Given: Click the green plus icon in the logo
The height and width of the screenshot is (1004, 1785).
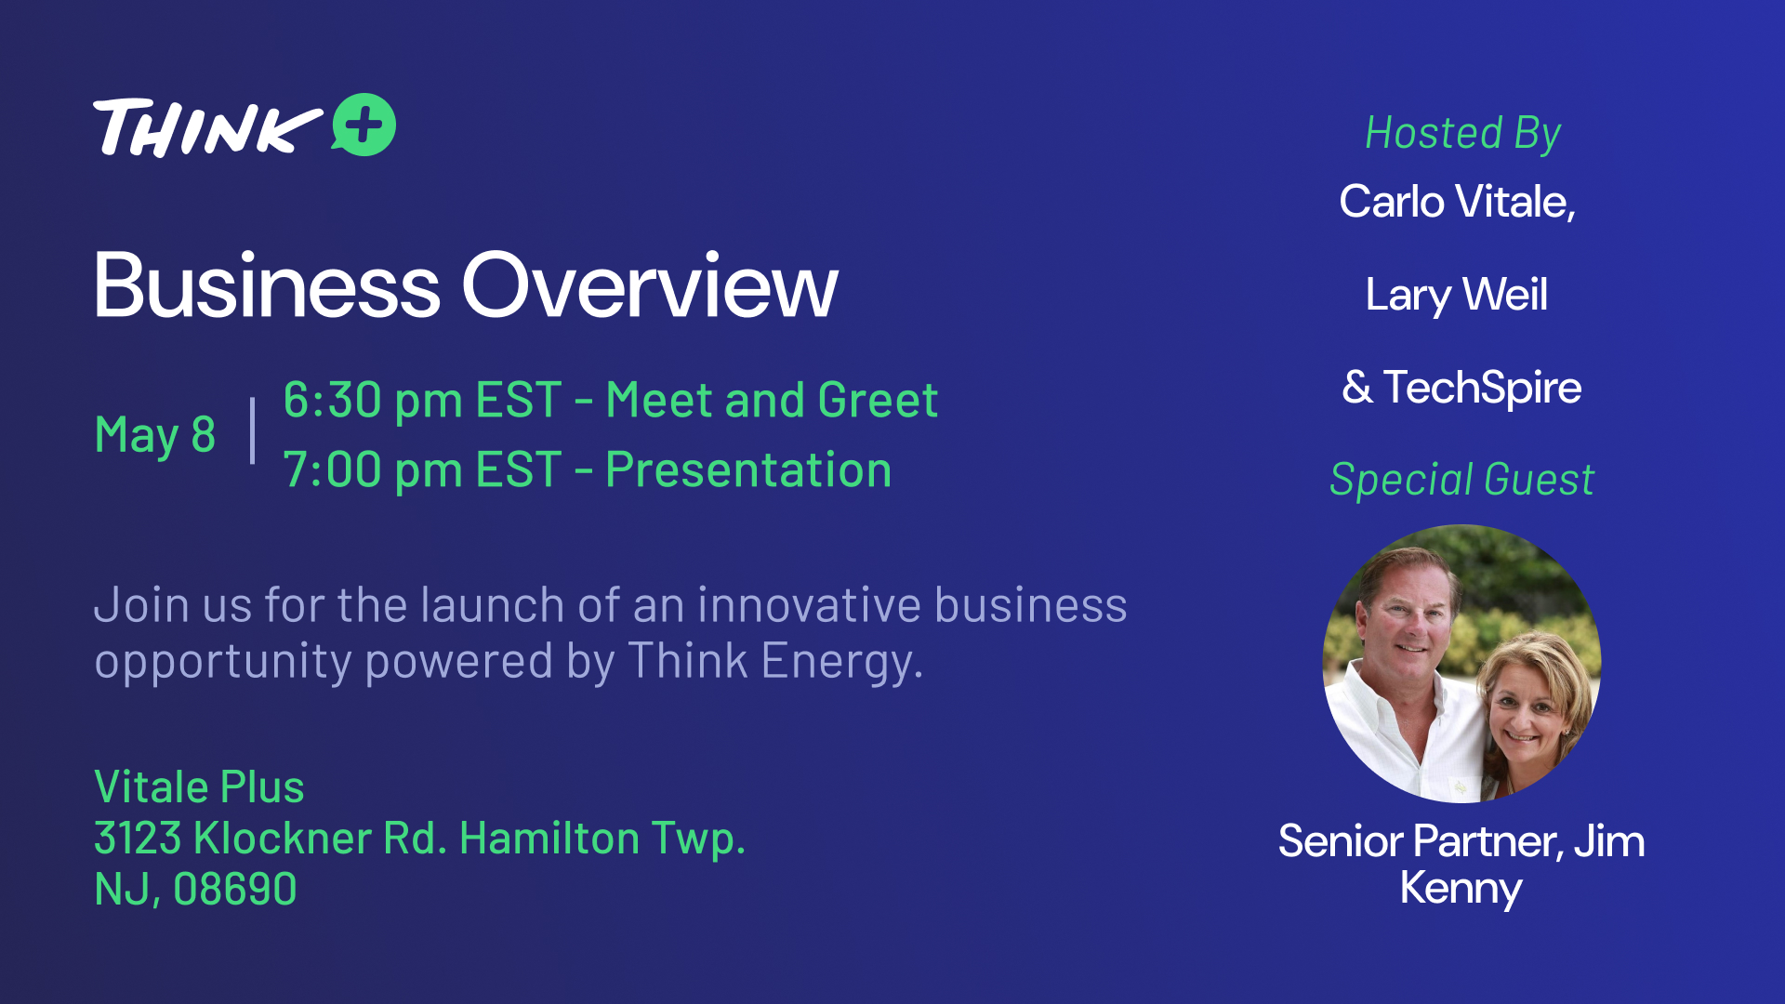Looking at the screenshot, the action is [x=364, y=125].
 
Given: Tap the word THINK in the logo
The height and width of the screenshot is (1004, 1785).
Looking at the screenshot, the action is [x=207, y=127].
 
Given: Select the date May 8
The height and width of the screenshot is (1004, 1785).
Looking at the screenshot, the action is [x=155, y=434].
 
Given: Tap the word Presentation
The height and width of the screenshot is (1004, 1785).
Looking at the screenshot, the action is [x=748, y=469].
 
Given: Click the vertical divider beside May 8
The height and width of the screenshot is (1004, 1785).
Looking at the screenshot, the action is [x=253, y=430].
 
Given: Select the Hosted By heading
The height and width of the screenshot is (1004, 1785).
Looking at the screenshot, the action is [x=1462, y=134].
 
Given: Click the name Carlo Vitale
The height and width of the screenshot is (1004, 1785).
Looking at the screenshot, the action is [x=1456, y=202].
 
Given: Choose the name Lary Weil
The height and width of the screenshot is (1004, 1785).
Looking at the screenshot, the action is [x=1456, y=296].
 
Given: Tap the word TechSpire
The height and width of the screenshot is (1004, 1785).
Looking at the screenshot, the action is [x=1482, y=388].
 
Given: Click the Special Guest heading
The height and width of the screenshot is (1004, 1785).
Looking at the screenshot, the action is [x=1461, y=480].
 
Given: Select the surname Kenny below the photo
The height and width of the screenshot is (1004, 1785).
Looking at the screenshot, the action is [x=1461, y=889].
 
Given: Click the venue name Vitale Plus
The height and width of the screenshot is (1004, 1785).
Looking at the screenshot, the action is [x=199, y=787].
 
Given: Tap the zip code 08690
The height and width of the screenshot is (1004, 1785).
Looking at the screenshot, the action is [x=235, y=890].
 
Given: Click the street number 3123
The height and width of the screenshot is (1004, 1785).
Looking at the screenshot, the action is [x=138, y=839].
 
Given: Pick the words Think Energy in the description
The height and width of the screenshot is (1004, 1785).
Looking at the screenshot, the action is [x=774, y=661].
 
